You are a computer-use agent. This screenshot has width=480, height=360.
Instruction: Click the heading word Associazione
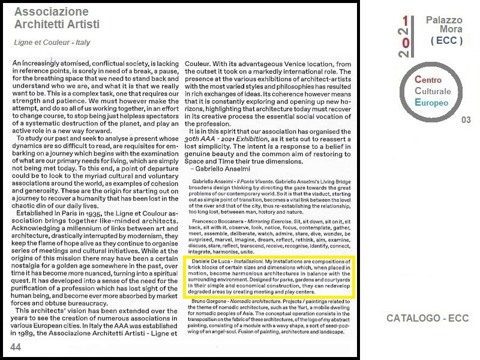[52, 12]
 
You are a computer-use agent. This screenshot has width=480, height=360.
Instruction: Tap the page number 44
[15, 347]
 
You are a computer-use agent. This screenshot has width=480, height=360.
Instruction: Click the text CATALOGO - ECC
[428, 319]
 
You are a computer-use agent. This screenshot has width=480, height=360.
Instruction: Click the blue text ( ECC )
[446, 41]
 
